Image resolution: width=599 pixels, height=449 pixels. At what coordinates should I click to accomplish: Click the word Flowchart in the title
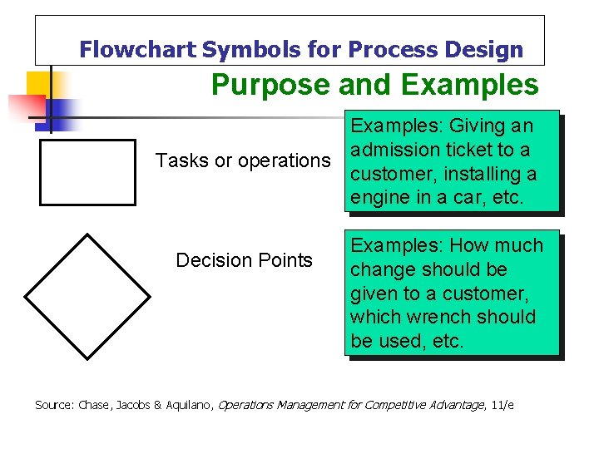pyautogui.click(x=137, y=50)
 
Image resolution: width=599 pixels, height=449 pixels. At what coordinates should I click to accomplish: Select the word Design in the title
pyautogui.click(x=483, y=50)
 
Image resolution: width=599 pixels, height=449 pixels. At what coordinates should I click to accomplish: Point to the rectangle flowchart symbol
pyautogui.click(x=87, y=172)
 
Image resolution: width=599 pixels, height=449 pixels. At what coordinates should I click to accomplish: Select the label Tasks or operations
pyautogui.click(x=243, y=160)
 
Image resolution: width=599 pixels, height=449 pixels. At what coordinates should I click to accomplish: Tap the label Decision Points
pyautogui.click(x=244, y=260)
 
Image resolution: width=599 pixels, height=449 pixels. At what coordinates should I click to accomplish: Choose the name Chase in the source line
pyautogui.click(x=97, y=405)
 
